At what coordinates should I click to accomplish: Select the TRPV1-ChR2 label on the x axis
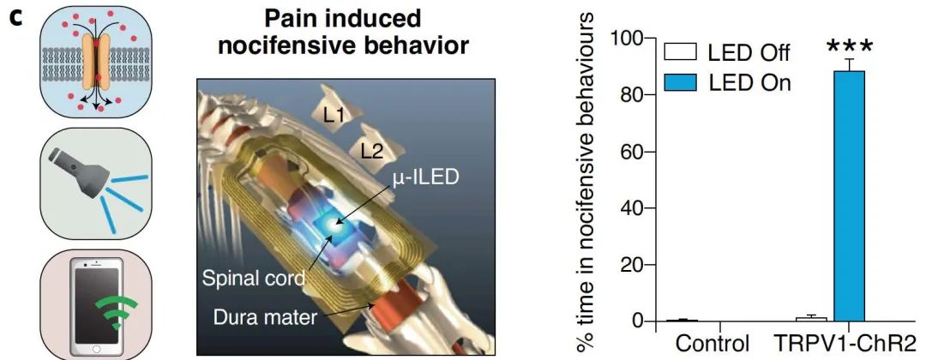coord(839,344)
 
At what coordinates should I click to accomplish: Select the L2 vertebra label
coord(372,152)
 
